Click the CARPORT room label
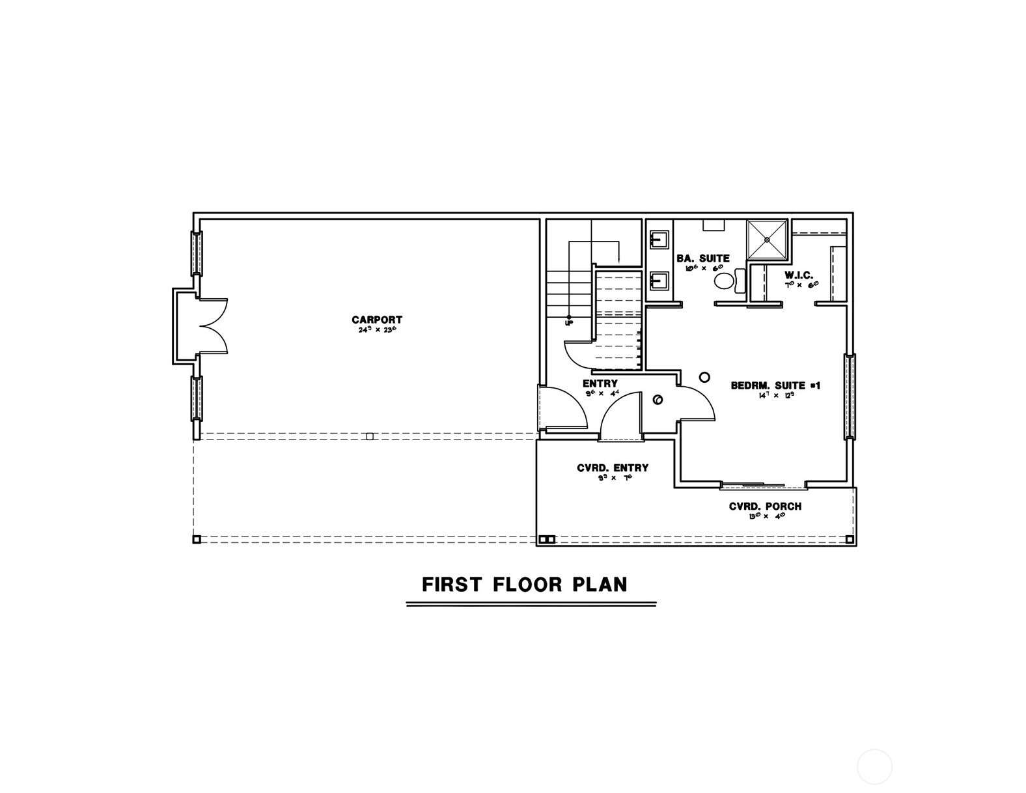point(377,320)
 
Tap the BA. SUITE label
point(702,258)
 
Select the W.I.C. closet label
point(799,275)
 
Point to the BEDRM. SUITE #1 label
point(775,385)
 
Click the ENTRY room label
point(600,383)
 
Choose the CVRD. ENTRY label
point(613,467)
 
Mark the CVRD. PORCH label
point(765,507)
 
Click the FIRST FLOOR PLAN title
point(525,584)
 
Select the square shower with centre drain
point(767,240)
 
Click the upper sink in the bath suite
point(659,240)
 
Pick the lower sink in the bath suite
point(659,281)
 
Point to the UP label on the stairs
point(568,322)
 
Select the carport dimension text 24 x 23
point(377,330)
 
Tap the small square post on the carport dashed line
point(370,436)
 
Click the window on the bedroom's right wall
point(850,396)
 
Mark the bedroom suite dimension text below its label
point(775,395)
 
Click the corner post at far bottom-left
point(197,539)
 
